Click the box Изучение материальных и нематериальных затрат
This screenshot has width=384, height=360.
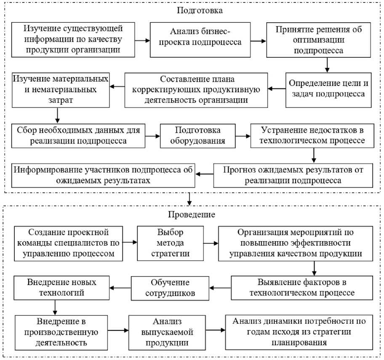click(x=61, y=90)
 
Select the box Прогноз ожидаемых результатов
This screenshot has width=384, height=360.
click(x=294, y=175)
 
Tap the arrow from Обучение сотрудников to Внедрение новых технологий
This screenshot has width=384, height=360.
click(x=120, y=288)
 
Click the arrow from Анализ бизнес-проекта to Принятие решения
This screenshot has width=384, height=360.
click(x=258, y=41)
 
